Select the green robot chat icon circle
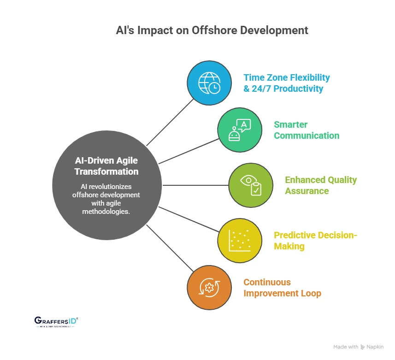(240, 130)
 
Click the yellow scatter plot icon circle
(240, 241)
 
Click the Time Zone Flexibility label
(287, 77)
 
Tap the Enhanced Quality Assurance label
(321, 185)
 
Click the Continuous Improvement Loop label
(282, 288)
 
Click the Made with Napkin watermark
(358, 347)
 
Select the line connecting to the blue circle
(170, 122)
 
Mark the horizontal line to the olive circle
(196, 185)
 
